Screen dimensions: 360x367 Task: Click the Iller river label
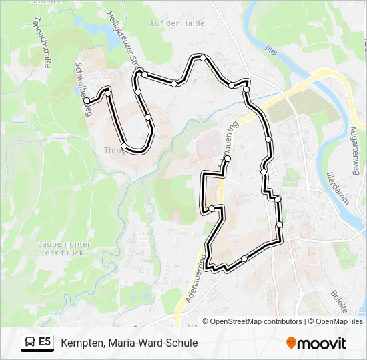tap(271, 50)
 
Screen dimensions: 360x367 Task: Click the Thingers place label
tap(113, 150)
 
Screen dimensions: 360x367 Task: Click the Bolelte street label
tap(339, 302)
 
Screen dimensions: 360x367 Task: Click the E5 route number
tap(45, 342)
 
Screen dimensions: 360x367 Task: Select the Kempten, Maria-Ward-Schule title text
tap(129, 343)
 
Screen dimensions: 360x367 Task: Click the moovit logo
tap(316, 343)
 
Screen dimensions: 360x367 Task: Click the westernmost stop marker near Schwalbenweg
tap(87, 101)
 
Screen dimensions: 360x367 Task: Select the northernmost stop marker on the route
tap(203, 58)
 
